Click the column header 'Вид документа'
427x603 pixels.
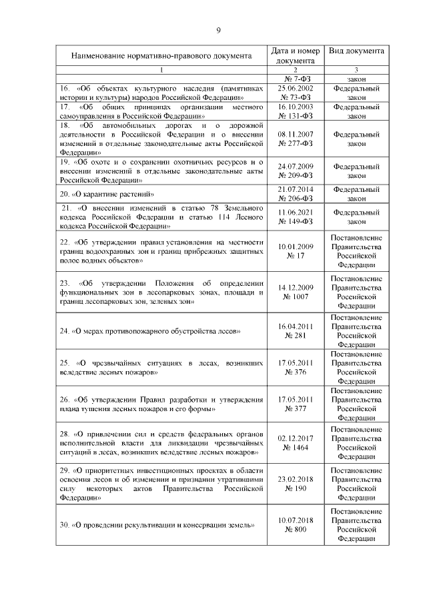356,51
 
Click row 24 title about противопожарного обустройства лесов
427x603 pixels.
150,331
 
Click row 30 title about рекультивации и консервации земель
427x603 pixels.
157,524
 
